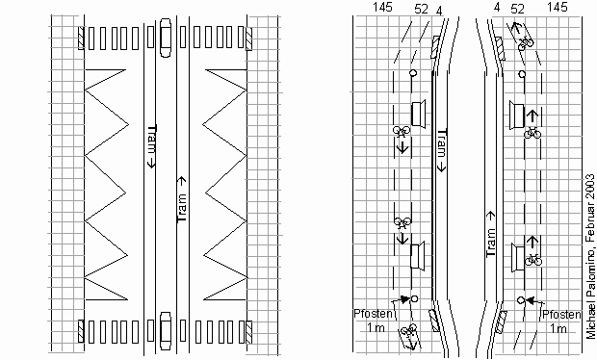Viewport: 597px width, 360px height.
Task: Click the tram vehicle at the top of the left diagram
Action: click(167, 38)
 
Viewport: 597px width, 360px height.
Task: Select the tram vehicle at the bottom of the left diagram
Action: click(167, 329)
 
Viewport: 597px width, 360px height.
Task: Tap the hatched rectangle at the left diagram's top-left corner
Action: click(83, 39)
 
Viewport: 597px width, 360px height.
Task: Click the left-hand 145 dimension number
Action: click(368, 8)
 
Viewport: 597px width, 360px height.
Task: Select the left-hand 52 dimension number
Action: click(421, 8)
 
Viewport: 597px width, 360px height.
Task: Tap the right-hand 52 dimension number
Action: click(518, 8)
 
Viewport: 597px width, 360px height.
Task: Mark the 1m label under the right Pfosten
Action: click(558, 328)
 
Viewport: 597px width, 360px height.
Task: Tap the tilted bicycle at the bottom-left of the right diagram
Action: click(411, 335)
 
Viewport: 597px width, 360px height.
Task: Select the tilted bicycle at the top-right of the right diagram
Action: click(525, 39)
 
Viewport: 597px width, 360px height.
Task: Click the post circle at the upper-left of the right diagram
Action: click(414, 73)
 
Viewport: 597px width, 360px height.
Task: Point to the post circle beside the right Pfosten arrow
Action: click(520, 301)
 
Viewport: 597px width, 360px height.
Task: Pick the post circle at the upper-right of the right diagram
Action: click(524, 73)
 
